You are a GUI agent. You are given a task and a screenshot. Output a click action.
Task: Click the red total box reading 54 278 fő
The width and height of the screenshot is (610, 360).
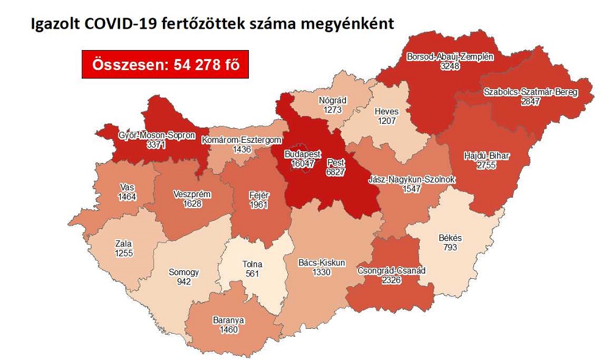coord(165,63)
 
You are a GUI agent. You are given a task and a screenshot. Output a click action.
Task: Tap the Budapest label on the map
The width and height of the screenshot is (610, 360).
coord(303,154)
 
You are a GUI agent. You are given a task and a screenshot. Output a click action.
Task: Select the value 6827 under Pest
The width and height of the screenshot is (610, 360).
coord(336,173)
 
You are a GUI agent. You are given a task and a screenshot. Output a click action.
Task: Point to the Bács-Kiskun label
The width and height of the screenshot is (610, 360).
coord(321,262)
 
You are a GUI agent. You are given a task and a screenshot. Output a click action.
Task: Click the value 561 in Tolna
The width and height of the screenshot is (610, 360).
coord(252,273)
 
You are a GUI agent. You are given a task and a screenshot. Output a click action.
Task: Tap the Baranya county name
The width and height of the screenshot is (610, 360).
coord(229,319)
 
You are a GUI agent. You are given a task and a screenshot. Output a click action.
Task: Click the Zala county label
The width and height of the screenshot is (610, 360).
coord(123,243)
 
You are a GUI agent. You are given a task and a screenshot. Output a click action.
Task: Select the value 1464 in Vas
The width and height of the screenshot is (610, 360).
coord(128,196)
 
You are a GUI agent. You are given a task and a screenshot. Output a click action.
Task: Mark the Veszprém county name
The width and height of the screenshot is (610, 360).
coord(192,194)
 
